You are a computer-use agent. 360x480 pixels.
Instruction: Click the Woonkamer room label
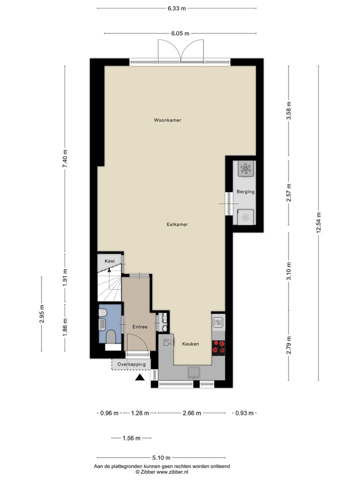(x=167, y=120)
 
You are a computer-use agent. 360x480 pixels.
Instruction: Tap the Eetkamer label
(x=177, y=225)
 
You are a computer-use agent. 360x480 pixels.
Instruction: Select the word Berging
(x=245, y=191)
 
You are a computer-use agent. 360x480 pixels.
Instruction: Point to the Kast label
(x=109, y=261)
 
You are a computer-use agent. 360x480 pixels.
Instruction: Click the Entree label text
(x=139, y=327)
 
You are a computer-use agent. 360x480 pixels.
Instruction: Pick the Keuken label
(x=190, y=344)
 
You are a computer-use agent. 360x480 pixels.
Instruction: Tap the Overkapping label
(x=131, y=365)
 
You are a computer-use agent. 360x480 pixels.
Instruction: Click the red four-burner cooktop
(x=218, y=346)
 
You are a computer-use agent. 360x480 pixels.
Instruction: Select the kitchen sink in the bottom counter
(x=193, y=372)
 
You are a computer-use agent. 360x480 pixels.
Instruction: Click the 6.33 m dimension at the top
(x=177, y=8)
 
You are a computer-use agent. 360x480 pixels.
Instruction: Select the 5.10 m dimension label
(x=162, y=457)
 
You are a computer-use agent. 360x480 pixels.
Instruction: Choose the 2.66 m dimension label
(x=191, y=413)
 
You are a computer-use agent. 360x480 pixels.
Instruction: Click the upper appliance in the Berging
(x=245, y=168)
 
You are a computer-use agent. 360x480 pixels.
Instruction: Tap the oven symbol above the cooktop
(x=218, y=322)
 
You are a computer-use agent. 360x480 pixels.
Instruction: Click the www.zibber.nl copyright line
(x=161, y=471)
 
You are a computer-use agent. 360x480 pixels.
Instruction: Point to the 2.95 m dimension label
(x=42, y=314)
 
